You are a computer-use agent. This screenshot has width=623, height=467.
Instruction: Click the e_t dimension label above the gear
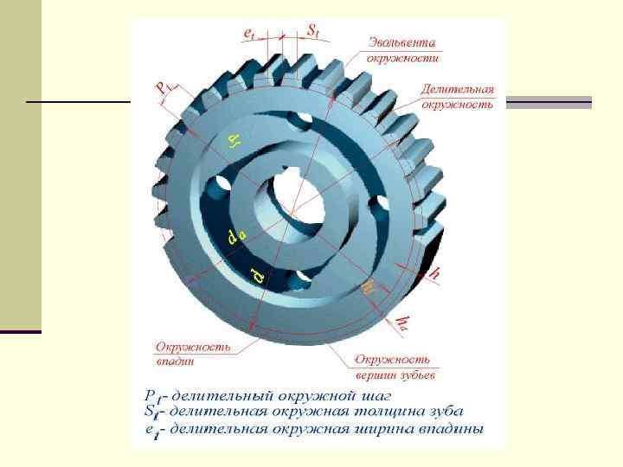248,32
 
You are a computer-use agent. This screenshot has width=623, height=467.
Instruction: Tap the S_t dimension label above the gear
313,29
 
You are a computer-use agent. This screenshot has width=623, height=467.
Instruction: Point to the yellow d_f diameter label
234,140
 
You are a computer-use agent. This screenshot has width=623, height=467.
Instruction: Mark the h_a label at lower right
403,323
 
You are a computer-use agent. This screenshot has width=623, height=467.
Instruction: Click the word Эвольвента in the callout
402,42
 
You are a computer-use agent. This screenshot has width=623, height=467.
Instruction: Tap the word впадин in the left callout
174,361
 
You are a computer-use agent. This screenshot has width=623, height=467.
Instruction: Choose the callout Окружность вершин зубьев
395,367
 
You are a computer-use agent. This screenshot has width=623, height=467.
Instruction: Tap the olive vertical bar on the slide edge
20,164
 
